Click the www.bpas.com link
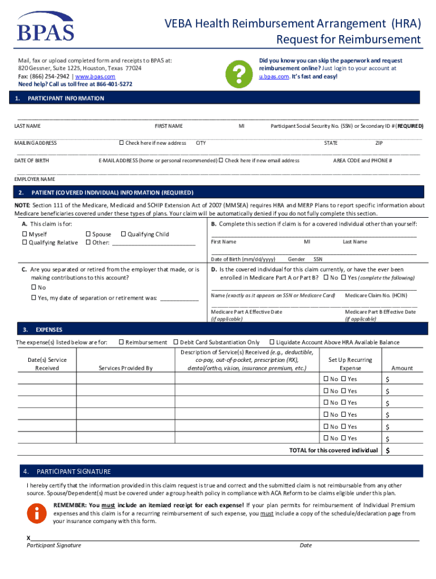(95, 76)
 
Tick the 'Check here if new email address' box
(221, 161)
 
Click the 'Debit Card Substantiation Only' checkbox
(176, 342)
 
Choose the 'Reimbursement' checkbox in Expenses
(121, 342)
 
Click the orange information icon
(37, 513)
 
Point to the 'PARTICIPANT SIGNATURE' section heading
(74, 472)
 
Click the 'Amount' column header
(402, 368)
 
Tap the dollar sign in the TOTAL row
(388, 451)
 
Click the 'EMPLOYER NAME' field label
(35, 179)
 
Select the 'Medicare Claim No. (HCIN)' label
(376, 295)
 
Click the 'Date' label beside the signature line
(306, 545)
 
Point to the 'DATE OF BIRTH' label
(31, 161)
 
